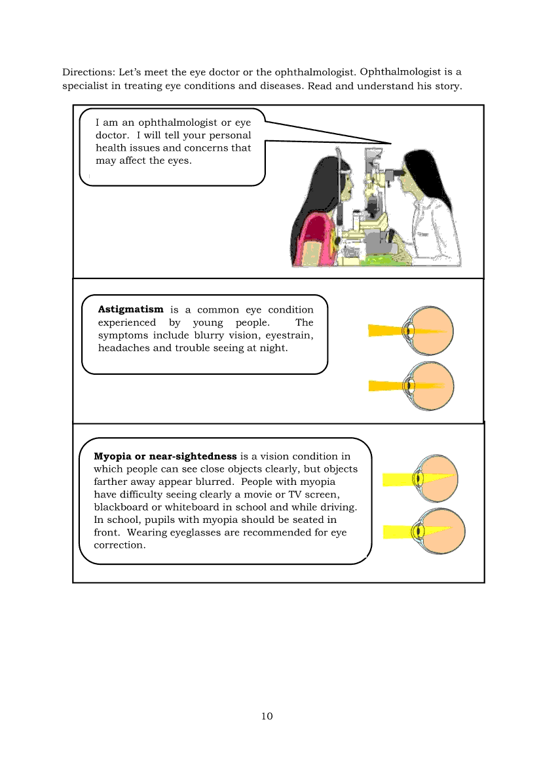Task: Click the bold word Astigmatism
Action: click(x=130, y=309)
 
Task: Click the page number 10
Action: click(x=267, y=716)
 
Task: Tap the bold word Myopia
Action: click(x=113, y=456)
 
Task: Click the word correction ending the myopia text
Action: click(x=119, y=545)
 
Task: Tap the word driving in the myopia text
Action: click(x=338, y=507)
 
